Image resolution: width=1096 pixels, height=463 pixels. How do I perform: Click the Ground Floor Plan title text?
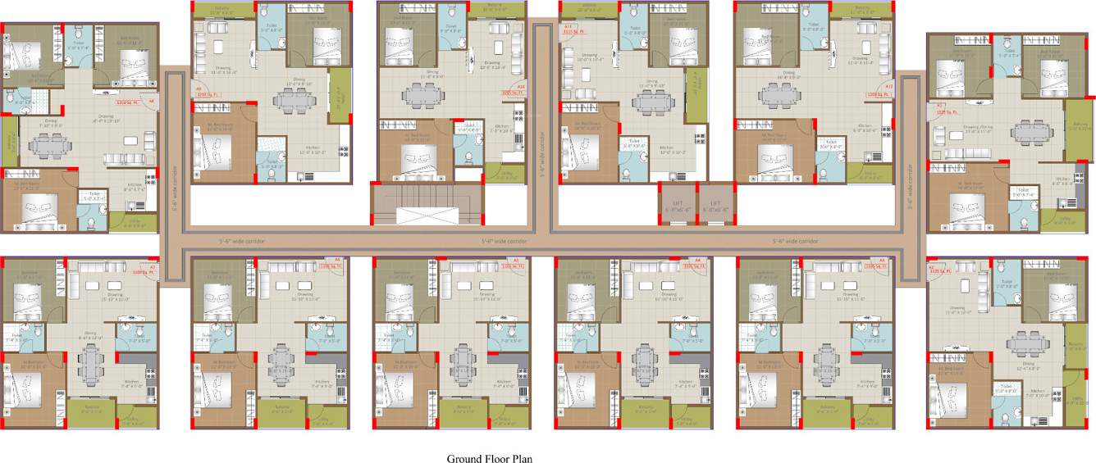489,458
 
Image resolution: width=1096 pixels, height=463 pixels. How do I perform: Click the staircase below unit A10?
424,202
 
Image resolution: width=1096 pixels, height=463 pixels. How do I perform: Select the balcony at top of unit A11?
588,9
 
